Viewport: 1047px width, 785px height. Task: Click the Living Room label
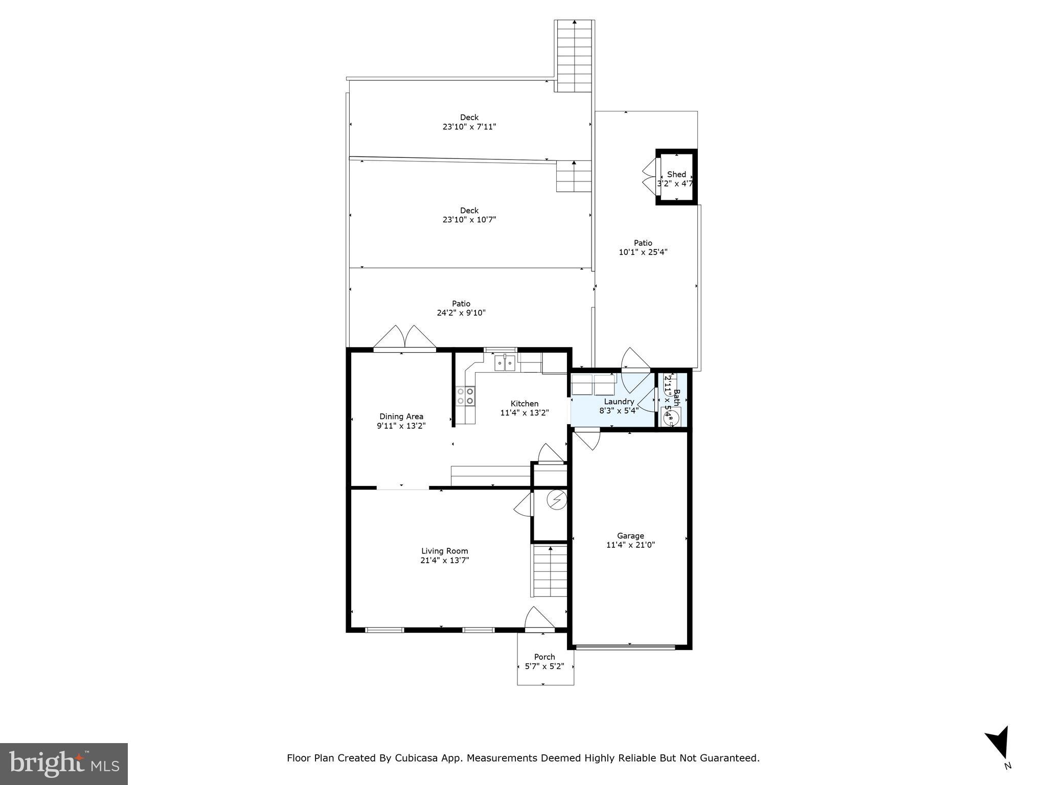pyautogui.click(x=444, y=551)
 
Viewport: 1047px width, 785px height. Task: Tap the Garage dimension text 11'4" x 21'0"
pyautogui.click(x=630, y=545)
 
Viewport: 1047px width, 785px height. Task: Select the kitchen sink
pyautogui.click(x=505, y=363)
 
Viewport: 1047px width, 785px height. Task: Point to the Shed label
pyautogui.click(x=676, y=174)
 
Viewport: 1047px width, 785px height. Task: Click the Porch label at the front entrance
pyautogui.click(x=544, y=657)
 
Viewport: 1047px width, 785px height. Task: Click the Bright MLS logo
pyautogui.click(x=64, y=764)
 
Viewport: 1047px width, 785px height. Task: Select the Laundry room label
pyautogui.click(x=619, y=402)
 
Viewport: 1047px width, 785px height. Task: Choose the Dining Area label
pyautogui.click(x=401, y=417)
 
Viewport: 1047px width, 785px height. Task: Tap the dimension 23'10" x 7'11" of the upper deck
pyautogui.click(x=469, y=127)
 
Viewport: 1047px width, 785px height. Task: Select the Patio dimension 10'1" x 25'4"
pyautogui.click(x=643, y=252)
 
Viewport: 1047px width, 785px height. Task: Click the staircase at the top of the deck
pyautogui.click(x=575, y=56)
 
